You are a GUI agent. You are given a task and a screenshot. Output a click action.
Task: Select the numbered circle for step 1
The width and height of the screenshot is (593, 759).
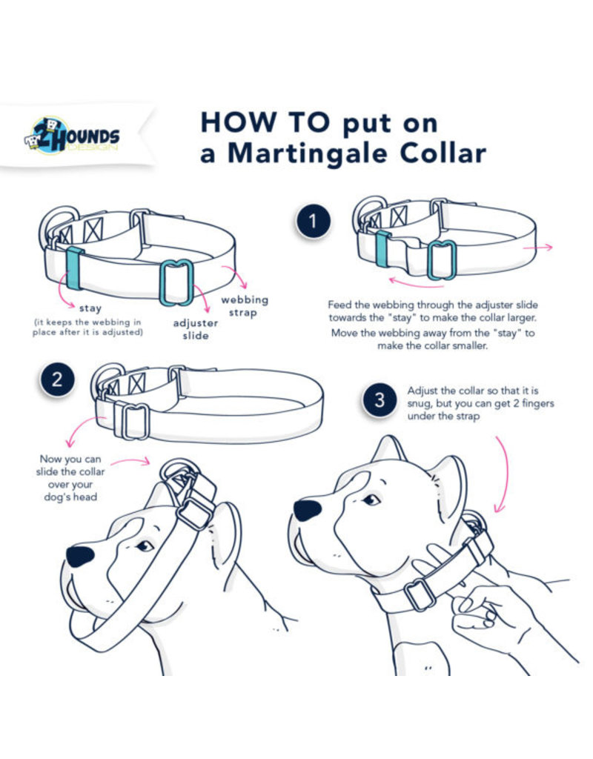click(x=313, y=222)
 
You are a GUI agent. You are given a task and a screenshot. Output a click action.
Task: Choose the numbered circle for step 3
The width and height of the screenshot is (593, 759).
click(x=380, y=401)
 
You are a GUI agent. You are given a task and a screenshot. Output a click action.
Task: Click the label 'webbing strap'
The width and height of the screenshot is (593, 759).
click(x=244, y=305)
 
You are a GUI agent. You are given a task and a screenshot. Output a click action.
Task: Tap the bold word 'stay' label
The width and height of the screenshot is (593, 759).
click(x=90, y=307)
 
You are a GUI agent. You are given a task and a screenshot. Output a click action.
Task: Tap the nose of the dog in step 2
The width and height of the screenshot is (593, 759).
click(x=79, y=556)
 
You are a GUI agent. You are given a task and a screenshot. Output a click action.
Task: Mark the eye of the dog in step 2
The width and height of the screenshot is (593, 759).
click(x=144, y=546)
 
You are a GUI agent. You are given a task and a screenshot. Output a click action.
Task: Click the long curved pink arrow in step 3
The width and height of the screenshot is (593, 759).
click(x=506, y=473)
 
